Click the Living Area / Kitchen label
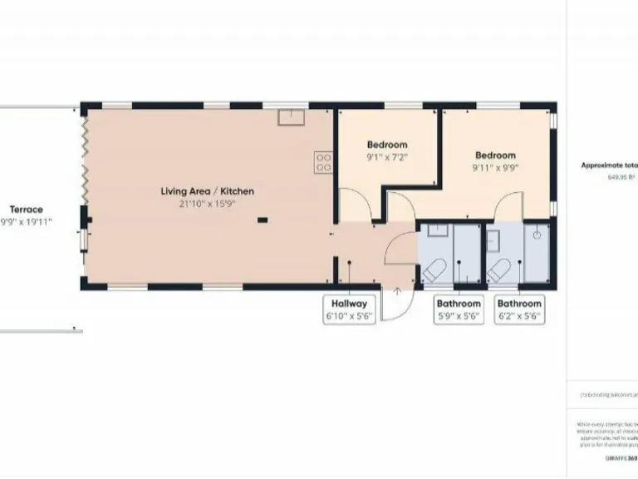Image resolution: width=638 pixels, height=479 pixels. click(207, 191)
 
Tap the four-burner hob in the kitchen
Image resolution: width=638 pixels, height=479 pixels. click(323, 162)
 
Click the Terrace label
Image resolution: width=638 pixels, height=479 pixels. click(26, 210)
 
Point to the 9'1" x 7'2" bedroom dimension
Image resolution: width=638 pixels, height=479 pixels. click(387, 156)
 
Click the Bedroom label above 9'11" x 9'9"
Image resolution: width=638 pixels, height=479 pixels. click(495, 156)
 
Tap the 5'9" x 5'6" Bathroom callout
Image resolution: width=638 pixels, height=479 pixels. click(459, 309)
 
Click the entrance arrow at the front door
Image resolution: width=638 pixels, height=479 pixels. click(397, 291)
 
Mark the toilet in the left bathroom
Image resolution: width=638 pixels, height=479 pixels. click(434, 269)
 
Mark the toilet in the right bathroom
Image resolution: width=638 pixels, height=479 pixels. click(498, 269)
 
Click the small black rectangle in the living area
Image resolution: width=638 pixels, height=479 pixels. click(263, 220)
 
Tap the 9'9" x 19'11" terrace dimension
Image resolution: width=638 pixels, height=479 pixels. click(32, 222)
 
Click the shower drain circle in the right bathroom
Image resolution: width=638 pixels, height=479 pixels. click(537, 235)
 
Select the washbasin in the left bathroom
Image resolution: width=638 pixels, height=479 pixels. click(441, 230)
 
